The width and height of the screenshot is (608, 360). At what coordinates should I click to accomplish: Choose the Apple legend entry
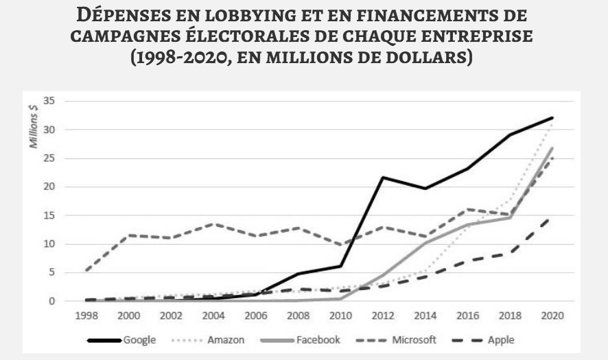tap(511, 339)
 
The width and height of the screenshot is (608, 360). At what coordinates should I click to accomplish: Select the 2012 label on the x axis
tap(383, 316)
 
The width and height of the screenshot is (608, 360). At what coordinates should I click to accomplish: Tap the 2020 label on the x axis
tap(552, 316)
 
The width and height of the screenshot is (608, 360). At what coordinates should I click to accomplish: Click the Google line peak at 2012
tap(383, 177)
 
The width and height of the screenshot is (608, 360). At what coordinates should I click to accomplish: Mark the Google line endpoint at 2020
tap(552, 118)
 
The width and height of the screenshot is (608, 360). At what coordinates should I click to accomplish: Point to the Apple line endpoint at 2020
tap(552, 218)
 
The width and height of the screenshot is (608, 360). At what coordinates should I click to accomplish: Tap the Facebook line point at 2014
tap(425, 243)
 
